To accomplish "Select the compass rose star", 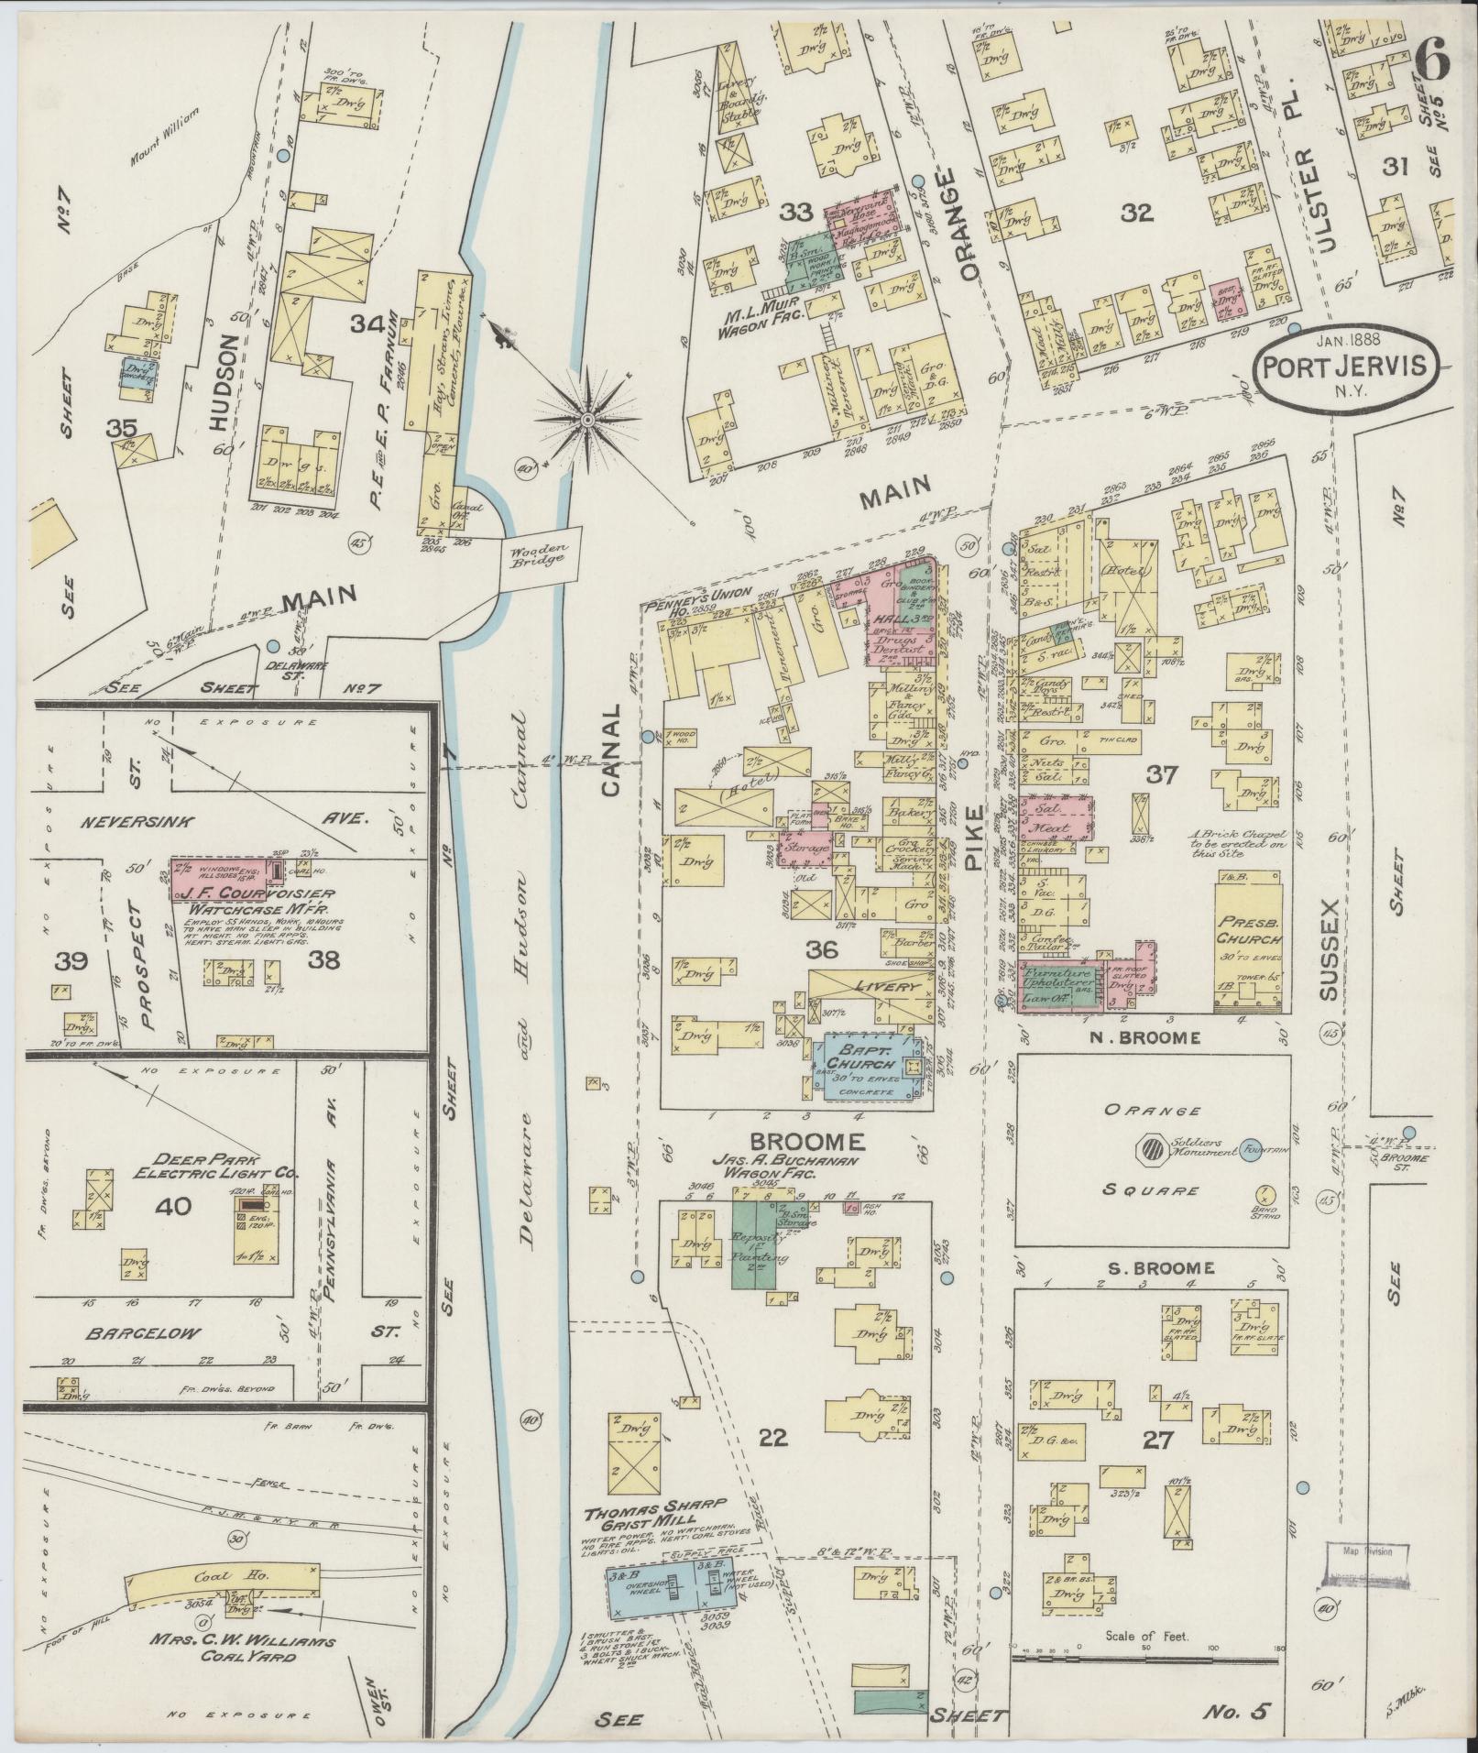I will pos(586,420).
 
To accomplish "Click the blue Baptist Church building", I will pos(861,1065).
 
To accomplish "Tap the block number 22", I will pos(773,1437).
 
